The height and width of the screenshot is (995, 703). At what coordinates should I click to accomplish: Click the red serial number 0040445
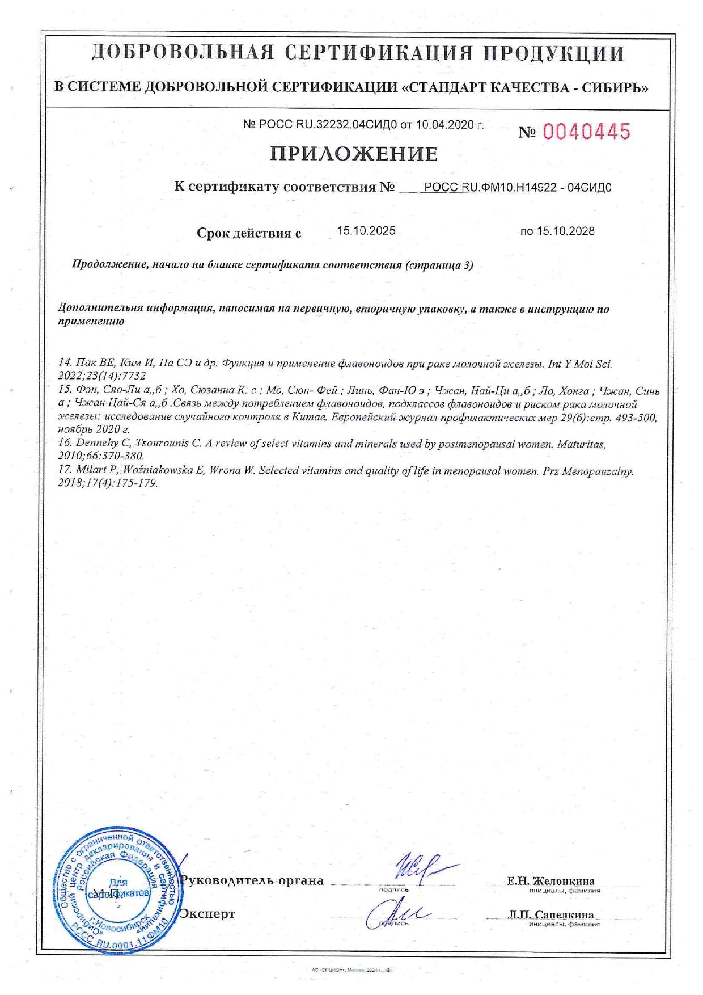point(586,132)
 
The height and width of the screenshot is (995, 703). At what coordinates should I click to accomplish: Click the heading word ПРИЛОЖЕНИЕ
point(354,154)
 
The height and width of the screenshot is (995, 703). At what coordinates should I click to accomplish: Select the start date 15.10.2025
point(366,231)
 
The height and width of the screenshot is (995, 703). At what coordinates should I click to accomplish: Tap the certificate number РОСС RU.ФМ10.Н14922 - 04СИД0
point(518,188)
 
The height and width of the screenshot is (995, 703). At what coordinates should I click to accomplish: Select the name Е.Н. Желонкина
point(550,881)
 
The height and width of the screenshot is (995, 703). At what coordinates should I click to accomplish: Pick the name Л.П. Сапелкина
point(551,914)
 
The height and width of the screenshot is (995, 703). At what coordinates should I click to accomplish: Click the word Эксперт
point(207,914)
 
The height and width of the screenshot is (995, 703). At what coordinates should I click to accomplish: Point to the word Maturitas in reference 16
point(581,444)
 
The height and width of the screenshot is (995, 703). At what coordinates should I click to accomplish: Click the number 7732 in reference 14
point(133,376)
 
